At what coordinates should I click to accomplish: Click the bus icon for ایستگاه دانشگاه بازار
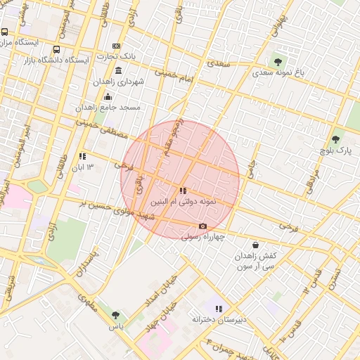tap(56, 50)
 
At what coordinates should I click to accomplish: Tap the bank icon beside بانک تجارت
tap(117, 46)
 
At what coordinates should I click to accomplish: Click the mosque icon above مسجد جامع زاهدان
tap(108, 96)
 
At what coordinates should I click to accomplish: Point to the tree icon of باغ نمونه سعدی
tap(278, 61)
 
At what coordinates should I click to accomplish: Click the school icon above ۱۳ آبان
tap(82, 156)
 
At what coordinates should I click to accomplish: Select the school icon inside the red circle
tap(183, 191)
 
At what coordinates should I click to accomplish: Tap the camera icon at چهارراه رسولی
tap(202, 226)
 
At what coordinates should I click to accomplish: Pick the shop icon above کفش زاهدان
tap(255, 245)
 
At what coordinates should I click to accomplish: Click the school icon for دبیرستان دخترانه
tap(219, 309)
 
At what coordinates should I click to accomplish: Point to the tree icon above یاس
tap(115, 316)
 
